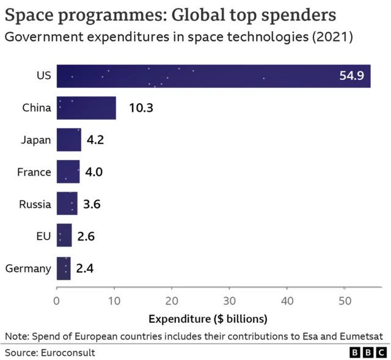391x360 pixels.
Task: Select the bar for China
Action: (x=86, y=108)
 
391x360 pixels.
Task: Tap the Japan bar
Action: (x=68, y=140)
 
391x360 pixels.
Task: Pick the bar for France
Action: (x=68, y=172)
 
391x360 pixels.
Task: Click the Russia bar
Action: (x=67, y=204)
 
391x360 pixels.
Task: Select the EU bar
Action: (x=64, y=236)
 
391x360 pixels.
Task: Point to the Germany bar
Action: (x=64, y=268)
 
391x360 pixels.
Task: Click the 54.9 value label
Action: (x=351, y=76)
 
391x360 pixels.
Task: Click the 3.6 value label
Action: (x=92, y=204)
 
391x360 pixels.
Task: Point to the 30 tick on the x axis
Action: (x=230, y=300)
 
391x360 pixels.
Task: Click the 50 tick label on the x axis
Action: (x=345, y=300)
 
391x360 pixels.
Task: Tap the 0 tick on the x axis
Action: (x=57, y=300)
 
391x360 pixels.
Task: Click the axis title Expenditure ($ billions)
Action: (x=208, y=319)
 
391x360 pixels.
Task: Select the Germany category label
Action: (x=28, y=268)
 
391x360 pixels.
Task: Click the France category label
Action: (x=34, y=172)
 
